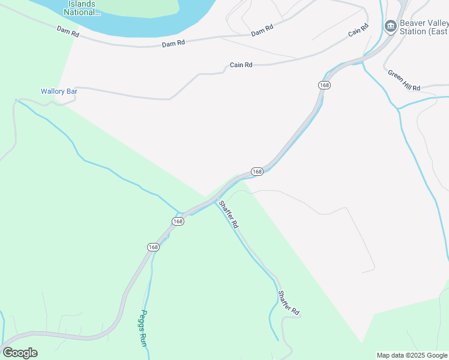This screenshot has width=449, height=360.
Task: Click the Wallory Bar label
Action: coord(59,91)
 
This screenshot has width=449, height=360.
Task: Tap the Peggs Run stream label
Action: coord(144,328)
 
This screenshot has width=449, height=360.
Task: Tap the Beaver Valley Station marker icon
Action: coord(391,26)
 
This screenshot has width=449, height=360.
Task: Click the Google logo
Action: coord(20,353)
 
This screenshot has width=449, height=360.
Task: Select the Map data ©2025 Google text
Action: coord(412,355)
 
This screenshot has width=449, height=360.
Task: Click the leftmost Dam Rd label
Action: coord(68,31)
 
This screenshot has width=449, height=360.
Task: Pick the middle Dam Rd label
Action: coord(173,44)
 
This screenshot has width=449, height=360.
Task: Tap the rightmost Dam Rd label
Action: coord(262,30)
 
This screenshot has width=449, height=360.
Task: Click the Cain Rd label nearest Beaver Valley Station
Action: coord(357,31)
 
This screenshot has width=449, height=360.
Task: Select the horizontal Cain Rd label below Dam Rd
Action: coord(241,65)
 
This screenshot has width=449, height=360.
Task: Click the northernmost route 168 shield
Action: coord(325,85)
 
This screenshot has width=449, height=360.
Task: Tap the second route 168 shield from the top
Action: coord(257,172)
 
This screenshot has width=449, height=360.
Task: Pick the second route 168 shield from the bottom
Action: coord(178,221)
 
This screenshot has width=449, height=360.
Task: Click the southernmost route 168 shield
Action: coord(153,247)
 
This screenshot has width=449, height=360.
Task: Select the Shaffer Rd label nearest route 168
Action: coord(229,214)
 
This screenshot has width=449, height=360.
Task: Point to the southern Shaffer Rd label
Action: coord(288,303)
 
